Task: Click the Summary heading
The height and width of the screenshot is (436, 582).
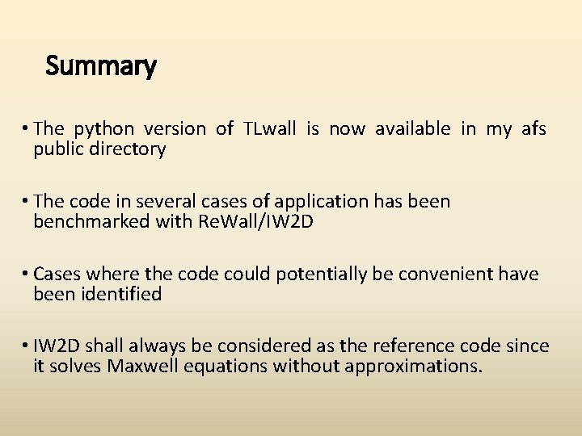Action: [x=101, y=65]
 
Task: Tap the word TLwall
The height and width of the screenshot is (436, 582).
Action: [x=269, y=129]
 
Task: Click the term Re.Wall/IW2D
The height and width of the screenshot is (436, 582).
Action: [x=255, y=221]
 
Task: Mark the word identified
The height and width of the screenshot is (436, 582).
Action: [x=122, y=294]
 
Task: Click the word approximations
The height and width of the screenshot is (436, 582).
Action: [x=413, y=367]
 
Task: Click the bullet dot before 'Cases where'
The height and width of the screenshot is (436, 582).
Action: [x=27, y=275]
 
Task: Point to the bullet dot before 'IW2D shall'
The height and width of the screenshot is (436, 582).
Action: [x=27, y=347]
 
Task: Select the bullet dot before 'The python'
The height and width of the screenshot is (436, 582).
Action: [x=27, y=129]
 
